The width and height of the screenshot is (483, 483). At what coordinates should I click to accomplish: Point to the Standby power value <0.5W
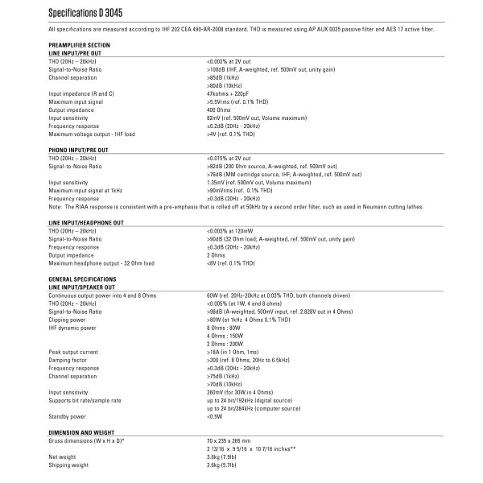(215, 416)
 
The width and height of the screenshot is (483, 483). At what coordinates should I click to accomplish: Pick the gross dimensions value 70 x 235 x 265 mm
(229, 441)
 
